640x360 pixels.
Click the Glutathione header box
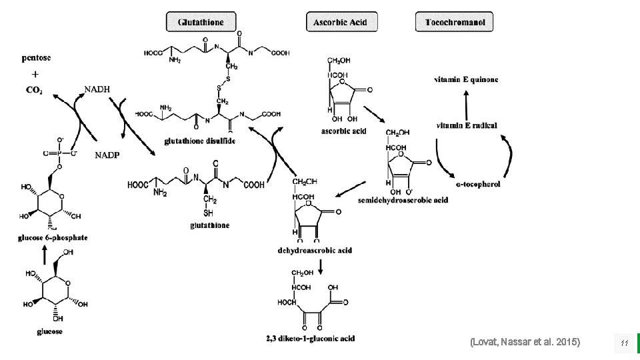[201, 22]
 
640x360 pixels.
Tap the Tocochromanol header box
[455, 22]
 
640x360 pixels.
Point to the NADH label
[97, 89]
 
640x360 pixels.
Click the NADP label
[109, 155]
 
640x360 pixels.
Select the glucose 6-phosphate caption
[53, 237]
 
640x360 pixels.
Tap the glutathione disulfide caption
[200, 141]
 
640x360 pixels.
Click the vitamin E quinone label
[466, 80]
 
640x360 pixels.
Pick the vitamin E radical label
[467, 125]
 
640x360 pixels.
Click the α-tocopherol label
[478, 183]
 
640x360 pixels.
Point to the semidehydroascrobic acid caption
[403, 200]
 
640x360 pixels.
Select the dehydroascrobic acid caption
[315, 251]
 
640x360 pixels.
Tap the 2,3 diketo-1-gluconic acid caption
[310, 339]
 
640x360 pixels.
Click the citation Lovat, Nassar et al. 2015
[525, 342]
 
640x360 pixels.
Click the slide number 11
[624, 343]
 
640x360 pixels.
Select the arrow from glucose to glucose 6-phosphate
[44, 253]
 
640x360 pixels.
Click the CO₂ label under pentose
[35, 90]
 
